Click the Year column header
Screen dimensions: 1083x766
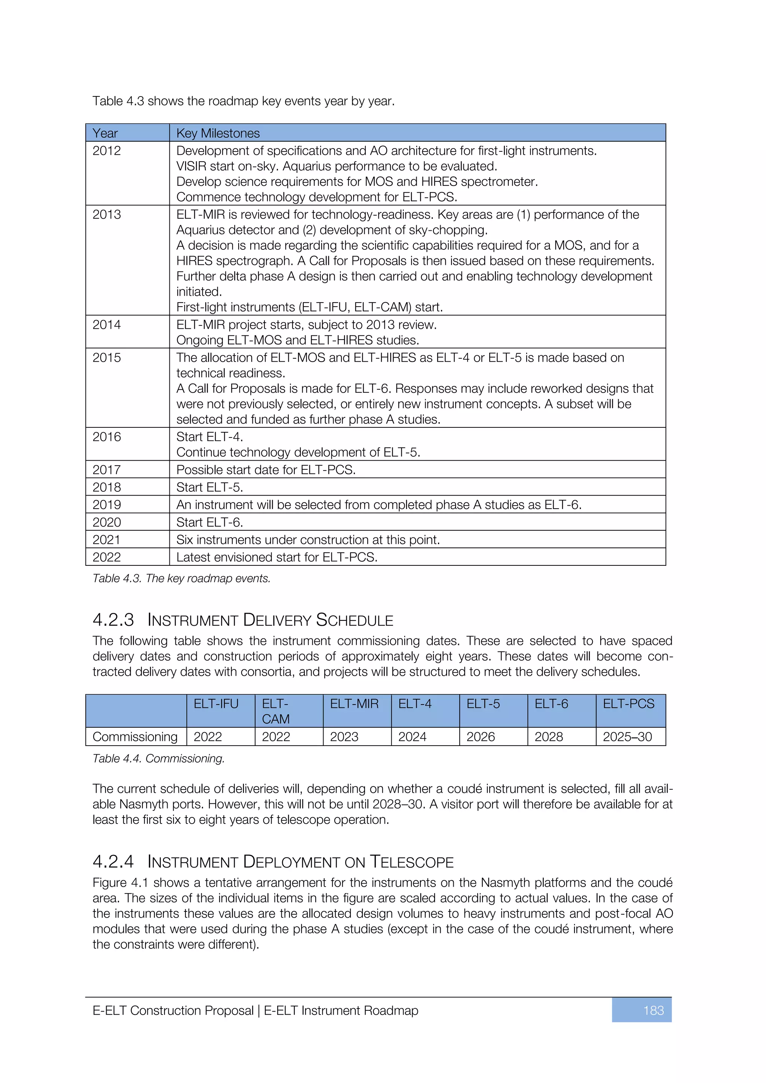[x=105, y=134]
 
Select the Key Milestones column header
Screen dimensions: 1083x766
[x=218, y=134]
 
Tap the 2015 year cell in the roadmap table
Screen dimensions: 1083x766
[x=107, y=358]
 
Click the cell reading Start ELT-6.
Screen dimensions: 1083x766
[x=209, y=522]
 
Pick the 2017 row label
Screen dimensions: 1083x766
[x=107, y=470]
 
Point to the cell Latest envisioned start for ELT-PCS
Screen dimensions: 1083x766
[x=276, y=557]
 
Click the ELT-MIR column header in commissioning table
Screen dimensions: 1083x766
[x=354, y=704]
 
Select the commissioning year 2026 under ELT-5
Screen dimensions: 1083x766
[x=481, y=737]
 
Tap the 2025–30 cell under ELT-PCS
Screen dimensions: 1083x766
[x=627, y=737]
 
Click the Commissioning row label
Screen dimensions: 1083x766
[x=135, y=737]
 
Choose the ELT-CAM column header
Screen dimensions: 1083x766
[x=276, y=711]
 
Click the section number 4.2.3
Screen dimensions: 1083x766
[x=113, y=620]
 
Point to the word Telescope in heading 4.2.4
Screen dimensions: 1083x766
[x=411, y=862]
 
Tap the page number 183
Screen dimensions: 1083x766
[x=653, y=1010]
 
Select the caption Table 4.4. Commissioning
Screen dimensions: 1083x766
[x=159, y=758]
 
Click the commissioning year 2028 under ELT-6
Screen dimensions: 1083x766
[x=549, y=737]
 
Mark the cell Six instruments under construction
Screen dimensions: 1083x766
[x=308, y=540]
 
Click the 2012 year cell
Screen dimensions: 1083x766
[x=107, y=151]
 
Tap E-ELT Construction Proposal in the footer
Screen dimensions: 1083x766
[x=173, y=1010]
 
